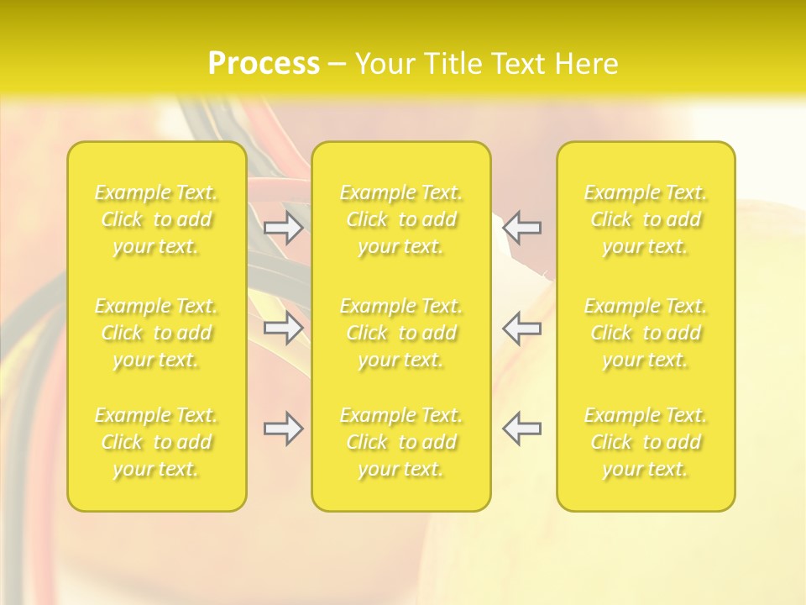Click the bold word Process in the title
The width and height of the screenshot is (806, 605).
pyautogui.click(x=264, y=64)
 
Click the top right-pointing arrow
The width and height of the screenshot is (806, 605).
pyautogui.click(x=283, y=228)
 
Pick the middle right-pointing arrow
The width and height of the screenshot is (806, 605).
pyautogui.click(x=283, y=328)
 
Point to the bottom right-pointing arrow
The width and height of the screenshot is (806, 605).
pyautogui.click(x=283, y=429)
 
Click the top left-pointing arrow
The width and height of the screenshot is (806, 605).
pyautogui.click(x=522, y=228)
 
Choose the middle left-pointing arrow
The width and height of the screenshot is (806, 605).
pyautogui.click(x=522, y=328)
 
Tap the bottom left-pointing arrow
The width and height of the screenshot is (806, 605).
pyautogui.click(x=522, y=429)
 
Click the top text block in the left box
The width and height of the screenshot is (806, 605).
pyautogui.click(x=156, y=219)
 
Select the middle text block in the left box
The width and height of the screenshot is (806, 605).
pyautogui.click(x=156, y=333)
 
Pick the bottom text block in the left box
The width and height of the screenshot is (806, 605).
pyautogui.click(x=156, y=442)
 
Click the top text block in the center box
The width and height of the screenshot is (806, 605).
pyautogui.click(x=401, y=219)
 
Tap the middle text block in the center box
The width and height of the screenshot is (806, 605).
pyautogui.click(x=401, y=333)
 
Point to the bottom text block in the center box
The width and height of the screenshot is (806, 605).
pyautogui.click(x=401, y=442)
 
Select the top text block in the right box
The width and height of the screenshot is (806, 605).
pyautogui.click(x=646, y=219)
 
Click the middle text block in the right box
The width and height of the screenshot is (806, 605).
pyautogui.click(x=646, y=333)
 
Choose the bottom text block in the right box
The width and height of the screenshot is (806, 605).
pyautogui.click(x=646, y=442)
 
